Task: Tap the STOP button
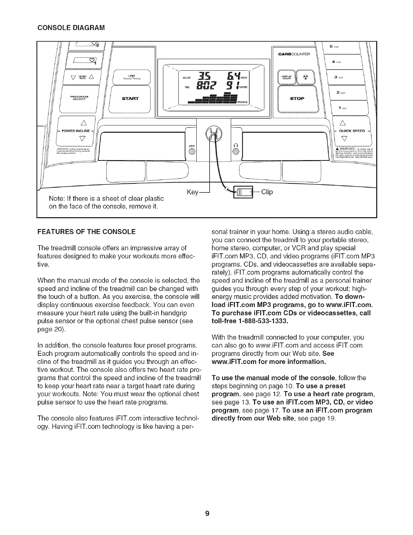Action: point(297,99)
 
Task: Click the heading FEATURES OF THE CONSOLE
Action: point(86,232)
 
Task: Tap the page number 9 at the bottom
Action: point(207,514)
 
